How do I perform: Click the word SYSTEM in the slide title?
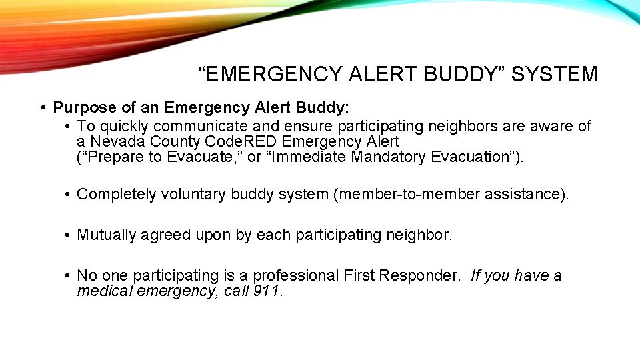[555, 74]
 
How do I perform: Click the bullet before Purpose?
[42, 108]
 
